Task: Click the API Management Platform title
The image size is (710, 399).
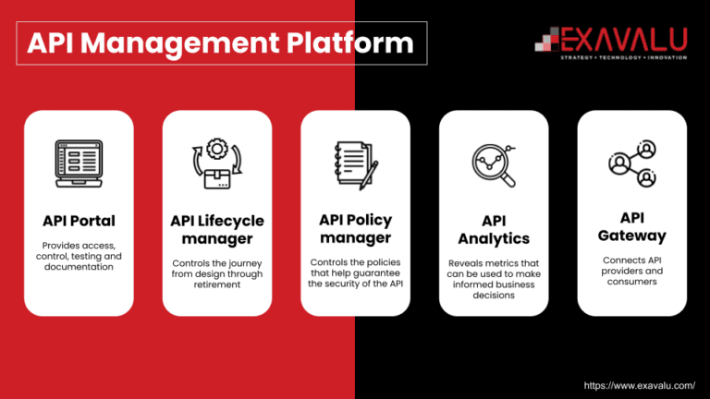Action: pos(220,42)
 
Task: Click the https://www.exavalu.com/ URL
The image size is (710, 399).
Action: pos(639,384)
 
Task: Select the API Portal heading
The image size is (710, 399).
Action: pos(79,221)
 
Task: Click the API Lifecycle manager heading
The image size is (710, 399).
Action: pos(217,230)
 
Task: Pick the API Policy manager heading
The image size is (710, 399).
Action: pos(355,229)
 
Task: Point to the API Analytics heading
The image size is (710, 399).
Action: pos(494,230)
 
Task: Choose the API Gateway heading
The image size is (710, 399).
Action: pos(632,226)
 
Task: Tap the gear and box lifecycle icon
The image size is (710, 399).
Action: pos(217,164)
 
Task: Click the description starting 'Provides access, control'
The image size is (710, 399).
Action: pos(79,256)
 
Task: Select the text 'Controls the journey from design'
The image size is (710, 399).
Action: pos(217,273)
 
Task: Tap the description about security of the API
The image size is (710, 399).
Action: pos(355,272)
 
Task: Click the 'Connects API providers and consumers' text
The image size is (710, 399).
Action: pos(632,271)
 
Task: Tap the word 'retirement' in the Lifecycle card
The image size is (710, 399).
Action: pos(217,284)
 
